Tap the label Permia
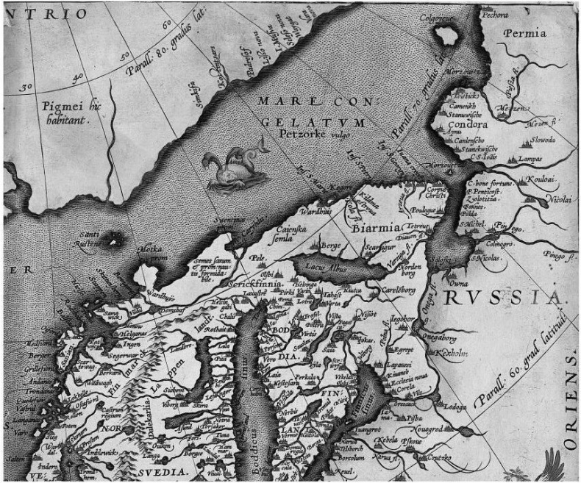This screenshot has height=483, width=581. tap(525, 33)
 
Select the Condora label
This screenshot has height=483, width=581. tap(464, 124)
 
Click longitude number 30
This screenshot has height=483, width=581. tap(27, 87)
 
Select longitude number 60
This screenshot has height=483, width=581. tap(166, 24)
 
